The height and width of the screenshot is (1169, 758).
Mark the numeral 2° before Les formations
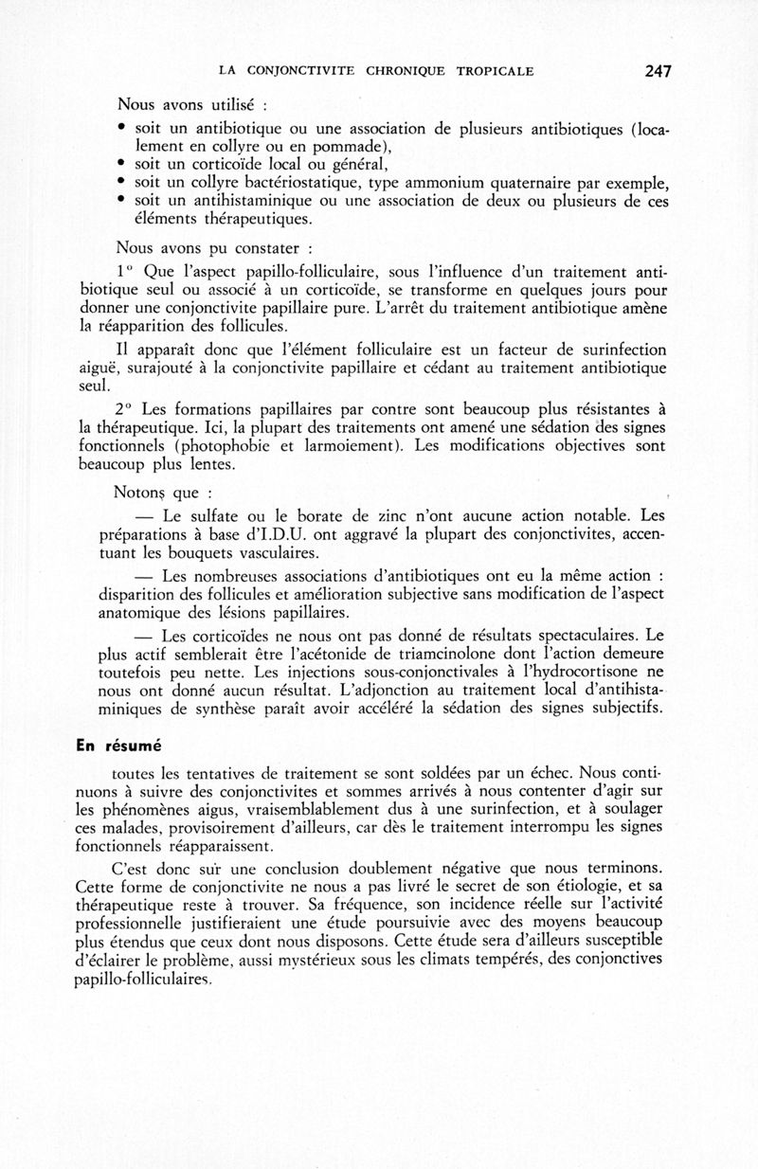pyautogui.click(x=126, y=409)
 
